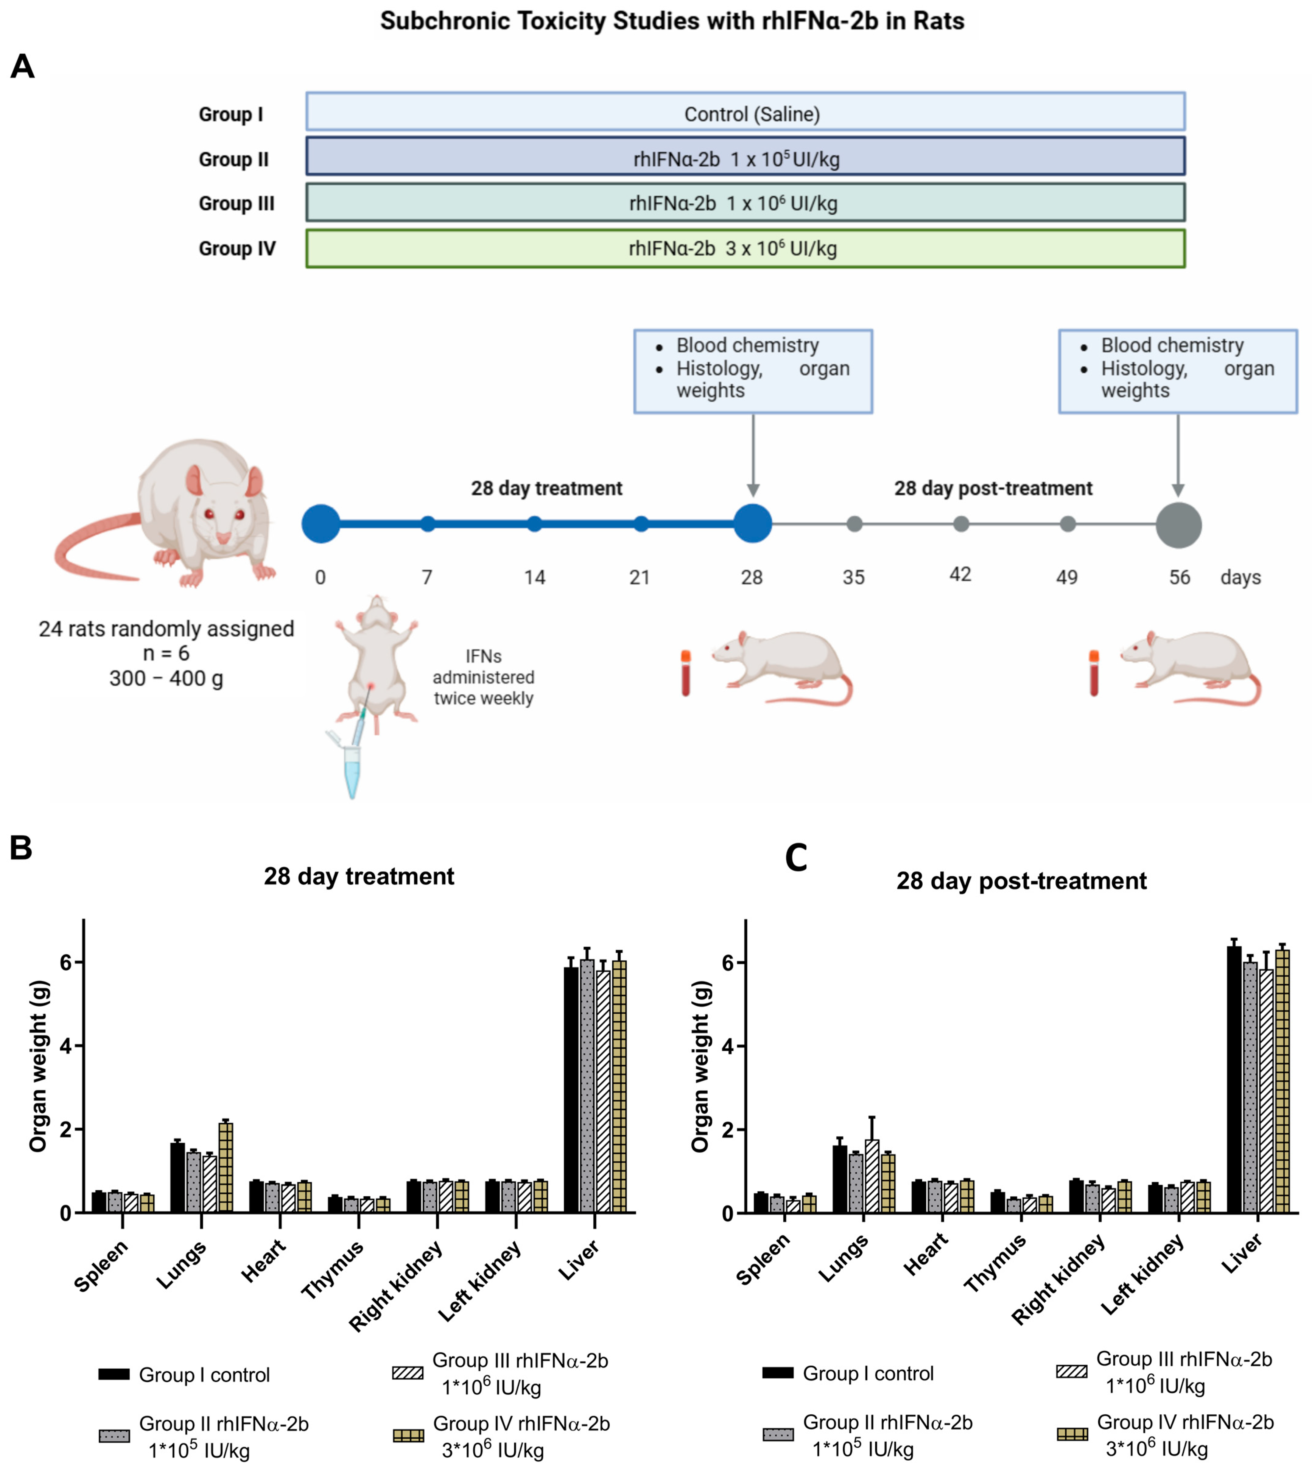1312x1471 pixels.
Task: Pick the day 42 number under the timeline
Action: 960,575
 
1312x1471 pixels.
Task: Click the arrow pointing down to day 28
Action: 752,454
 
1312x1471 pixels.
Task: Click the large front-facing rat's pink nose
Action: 223,538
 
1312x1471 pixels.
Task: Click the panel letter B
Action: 21,848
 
